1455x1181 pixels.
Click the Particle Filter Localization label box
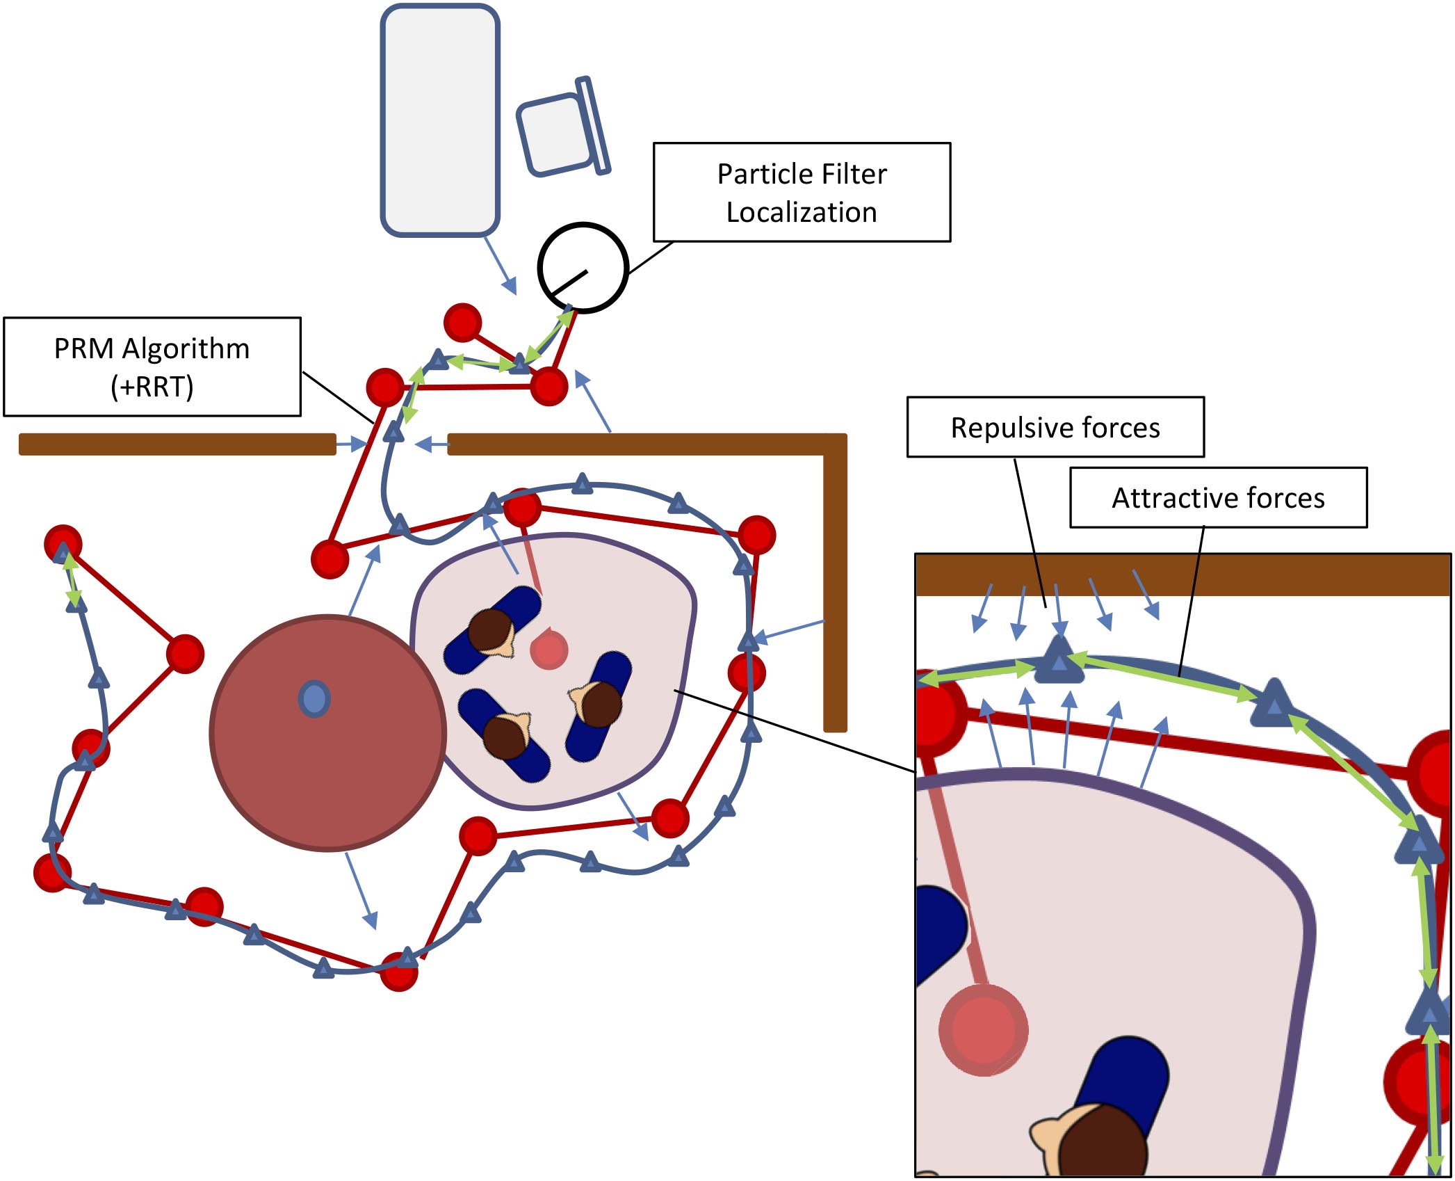tap(802, 193)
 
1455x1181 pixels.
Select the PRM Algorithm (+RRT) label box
tap(152, 367)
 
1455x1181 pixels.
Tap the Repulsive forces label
tap(1055, 427)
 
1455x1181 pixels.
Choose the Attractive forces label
tap(1218, 498)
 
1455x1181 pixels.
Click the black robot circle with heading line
tap(583, 268)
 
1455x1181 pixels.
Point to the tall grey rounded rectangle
tap(440, 120)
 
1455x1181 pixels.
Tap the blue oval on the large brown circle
tap(314, 698)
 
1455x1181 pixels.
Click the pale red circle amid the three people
tap(549, 650)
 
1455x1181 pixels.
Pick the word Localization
tap(802, 212)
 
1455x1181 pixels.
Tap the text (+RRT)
tap(152, 387)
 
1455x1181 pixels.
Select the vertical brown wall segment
tap(835, 591)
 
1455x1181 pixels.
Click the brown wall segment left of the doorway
tap(177, 444)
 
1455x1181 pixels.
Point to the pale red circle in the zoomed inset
tap(983, 1030)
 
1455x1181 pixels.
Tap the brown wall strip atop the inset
tap(1182, 575)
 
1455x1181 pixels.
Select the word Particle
tap(759, 174)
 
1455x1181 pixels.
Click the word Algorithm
tap(186, 348)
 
